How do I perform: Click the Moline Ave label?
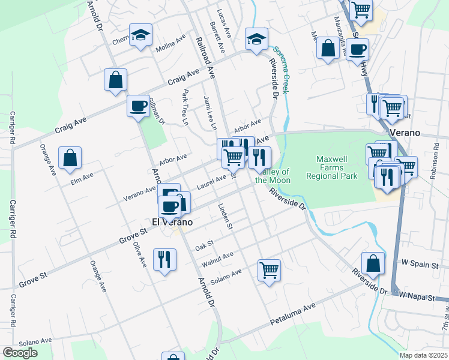[x=171, y=43]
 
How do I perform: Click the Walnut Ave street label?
[x=217, y=258]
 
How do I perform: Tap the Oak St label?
[x=205, y=247]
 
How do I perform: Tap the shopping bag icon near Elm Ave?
[x=70, y=158]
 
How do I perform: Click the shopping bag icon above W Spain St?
[x=373, y=263]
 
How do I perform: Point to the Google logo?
[x=20, y=353]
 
